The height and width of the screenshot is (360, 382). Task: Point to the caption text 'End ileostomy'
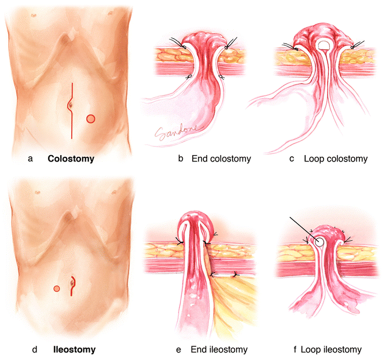tap(223, 350)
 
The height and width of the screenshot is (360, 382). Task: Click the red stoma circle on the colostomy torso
tap(90, 119)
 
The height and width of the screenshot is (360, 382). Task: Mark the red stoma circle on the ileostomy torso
tap(57, 288)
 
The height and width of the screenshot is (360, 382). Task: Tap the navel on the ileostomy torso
tap(72, 284)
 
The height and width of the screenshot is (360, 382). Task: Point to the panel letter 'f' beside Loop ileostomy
tap(295, 350)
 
